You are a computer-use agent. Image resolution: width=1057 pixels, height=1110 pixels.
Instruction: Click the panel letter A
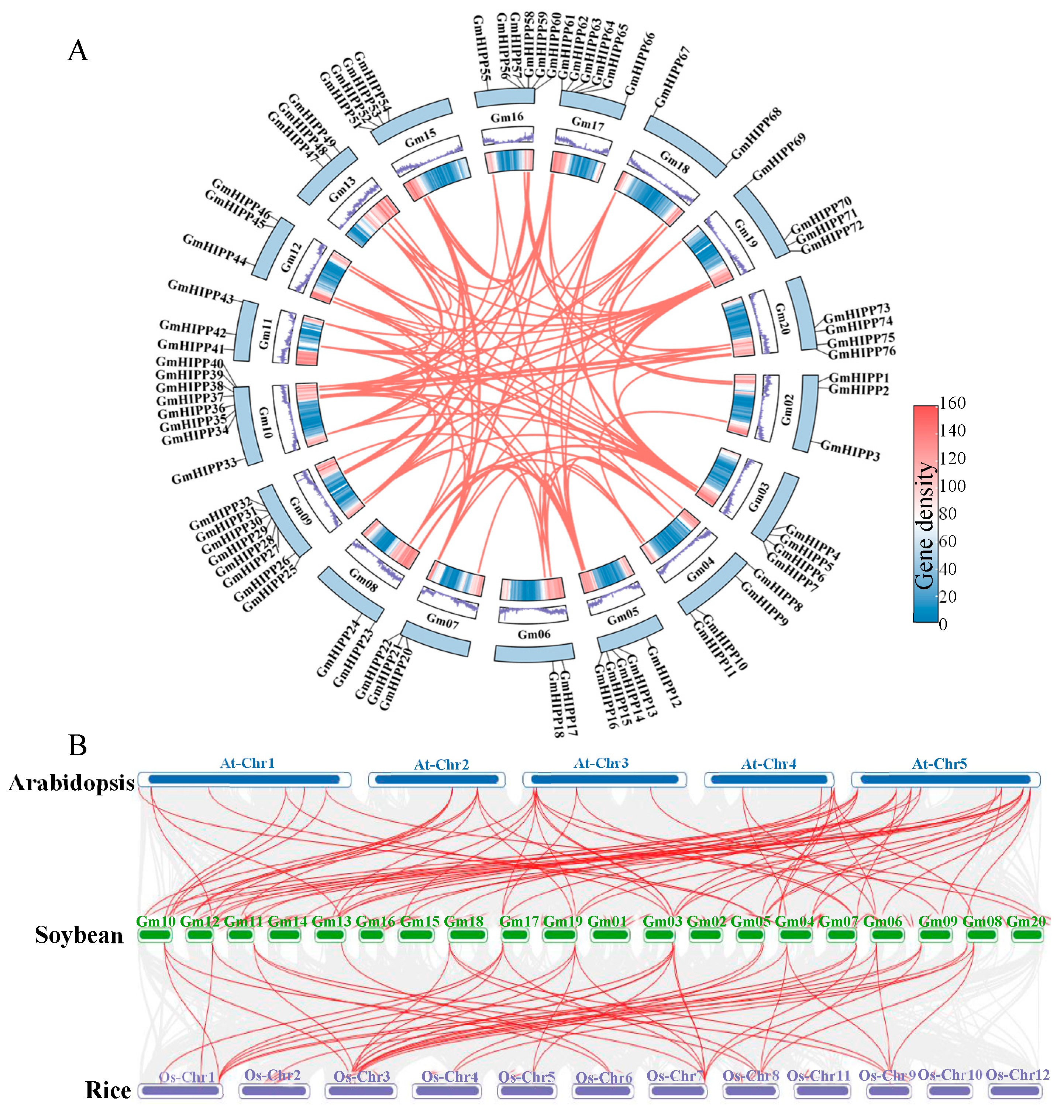click(x=78, y=50)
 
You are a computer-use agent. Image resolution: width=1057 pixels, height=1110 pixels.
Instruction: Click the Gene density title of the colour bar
click(x=924, y=525)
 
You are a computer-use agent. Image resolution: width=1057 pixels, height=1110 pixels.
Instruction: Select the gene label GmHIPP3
click(x=850, y=450)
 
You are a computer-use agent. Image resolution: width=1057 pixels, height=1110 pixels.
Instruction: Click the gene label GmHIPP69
click(x=779, y=157)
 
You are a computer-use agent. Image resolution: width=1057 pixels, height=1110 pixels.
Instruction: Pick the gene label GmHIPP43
click(x=200, y=291)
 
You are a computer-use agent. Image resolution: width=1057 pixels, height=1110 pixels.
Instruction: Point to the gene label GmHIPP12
click(x=664, y=676)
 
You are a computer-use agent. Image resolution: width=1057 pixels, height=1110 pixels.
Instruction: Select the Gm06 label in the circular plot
click(x=534, y=634)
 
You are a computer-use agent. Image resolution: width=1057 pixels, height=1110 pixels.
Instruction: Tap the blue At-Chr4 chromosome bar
click(x=769, y=780)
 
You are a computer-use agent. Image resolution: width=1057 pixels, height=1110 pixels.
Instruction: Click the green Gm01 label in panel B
click(x=607, y=921)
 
